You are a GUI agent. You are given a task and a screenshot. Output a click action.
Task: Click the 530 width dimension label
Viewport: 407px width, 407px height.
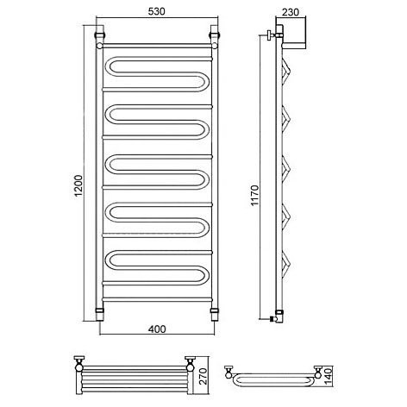pyautogui.click(x=157, y=11)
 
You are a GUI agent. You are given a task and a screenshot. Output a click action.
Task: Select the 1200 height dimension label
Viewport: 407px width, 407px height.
pyautogui.click(x=78, y=185)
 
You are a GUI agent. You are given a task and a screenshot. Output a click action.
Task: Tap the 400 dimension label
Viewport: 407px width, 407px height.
pyautogui.click(x=157, y=329)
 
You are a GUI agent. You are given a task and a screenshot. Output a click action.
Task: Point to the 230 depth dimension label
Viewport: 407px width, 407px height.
pyautogui.click(x=291, y=12)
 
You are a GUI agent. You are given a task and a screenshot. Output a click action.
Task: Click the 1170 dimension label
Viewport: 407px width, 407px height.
pyautogui.click(x=254, y=196)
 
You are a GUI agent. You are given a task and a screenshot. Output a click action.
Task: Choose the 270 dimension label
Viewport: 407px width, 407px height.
pyautogui.click(x=203, y=376)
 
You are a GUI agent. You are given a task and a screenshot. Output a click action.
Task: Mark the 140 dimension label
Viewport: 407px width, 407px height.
pyautogui.click(x=328, y=375)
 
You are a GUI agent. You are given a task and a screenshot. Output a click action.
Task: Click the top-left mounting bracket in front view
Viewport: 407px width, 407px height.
pyautogui.click(x=100, y=32)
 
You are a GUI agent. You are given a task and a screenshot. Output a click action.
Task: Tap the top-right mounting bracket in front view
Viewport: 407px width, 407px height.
pyautogui.click(x=215, y=32)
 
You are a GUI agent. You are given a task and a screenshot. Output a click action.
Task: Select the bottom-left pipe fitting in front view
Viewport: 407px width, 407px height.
pyautogui.click(x=99, y=314)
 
